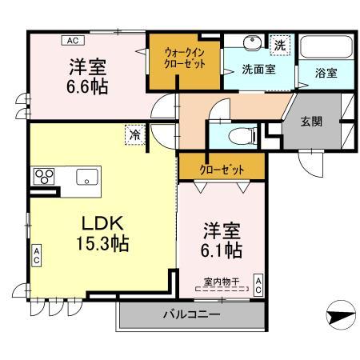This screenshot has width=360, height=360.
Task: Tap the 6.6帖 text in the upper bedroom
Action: coord(87,84)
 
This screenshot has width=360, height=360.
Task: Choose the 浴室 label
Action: coord(326,73)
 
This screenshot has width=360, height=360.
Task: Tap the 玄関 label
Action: coord(312,122)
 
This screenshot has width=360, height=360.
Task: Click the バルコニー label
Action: coord(192,314)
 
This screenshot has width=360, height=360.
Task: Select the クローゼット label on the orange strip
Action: coord(222,168)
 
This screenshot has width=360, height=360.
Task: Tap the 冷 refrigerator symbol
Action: coord(136,135)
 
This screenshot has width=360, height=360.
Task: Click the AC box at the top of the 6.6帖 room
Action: coord(72,40)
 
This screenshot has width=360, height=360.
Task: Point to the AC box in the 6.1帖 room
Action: coord(259,284)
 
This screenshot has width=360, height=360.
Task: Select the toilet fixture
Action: coord(238,134)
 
